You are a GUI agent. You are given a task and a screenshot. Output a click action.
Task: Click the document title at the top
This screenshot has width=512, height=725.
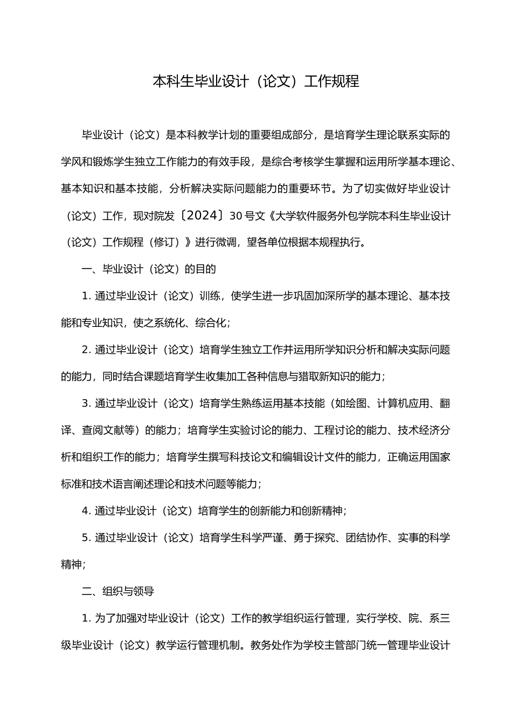tap(256, 81)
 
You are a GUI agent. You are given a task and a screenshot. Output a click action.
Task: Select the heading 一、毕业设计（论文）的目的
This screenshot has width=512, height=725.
tap(148, 269)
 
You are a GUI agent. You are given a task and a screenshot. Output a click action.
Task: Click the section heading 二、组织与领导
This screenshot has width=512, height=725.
tap(117, 591)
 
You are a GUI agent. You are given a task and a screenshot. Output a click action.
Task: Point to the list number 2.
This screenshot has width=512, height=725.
tap(85, 350)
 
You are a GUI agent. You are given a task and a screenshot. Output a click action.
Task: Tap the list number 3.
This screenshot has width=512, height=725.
tap(85, 403)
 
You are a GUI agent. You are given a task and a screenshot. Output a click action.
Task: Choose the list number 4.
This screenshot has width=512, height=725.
tap(85, 510)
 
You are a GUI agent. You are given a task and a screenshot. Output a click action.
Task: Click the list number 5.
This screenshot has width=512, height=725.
tap(85, 537)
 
